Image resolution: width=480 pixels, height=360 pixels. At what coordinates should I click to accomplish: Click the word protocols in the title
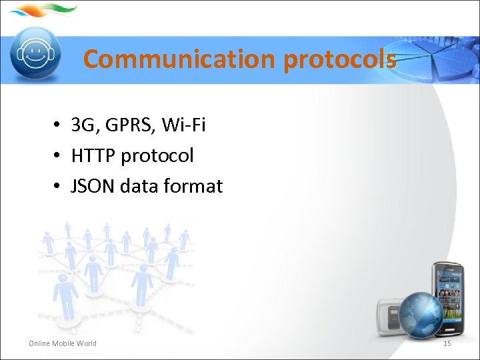[339, 59]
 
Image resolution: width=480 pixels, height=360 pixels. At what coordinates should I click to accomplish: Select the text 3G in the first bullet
[83, 125]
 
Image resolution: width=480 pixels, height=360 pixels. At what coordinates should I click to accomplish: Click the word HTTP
[93, 156]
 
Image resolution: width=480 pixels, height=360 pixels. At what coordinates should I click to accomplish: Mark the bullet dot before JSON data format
[59, 187]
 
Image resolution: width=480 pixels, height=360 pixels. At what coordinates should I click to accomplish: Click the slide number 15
[447, 343]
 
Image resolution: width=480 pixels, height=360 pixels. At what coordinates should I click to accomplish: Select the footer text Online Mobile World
[63, 343]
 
